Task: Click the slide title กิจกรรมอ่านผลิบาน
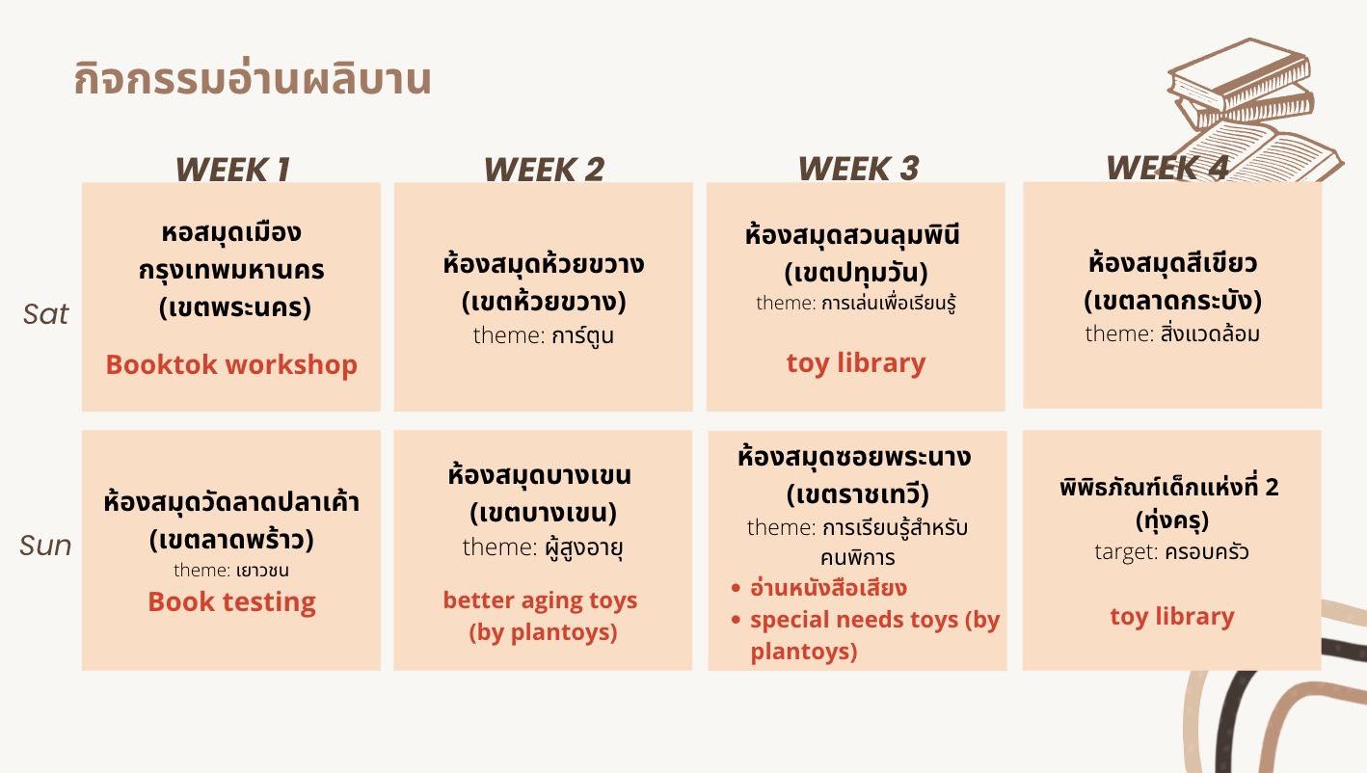point(253,79)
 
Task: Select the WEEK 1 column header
point(232,169)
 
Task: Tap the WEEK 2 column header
point(544,169)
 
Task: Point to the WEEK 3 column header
point(858,169)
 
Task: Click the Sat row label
point(45,314)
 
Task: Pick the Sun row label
point(45,546)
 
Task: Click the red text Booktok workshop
point(231,365)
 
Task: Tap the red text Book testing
point(232,602)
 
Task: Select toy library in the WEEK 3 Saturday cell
point(856,363)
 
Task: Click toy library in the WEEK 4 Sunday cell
point(1171,616)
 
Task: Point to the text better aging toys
point(540,600)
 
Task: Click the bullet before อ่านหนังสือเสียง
point(736,588)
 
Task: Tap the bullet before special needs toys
point(736,620)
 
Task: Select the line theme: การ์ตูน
point(543,335)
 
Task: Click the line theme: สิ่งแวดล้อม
point(1171,333)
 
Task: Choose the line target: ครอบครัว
point(1171,551)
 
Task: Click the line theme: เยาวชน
point(231,570)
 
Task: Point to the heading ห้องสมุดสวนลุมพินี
point(852,235)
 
